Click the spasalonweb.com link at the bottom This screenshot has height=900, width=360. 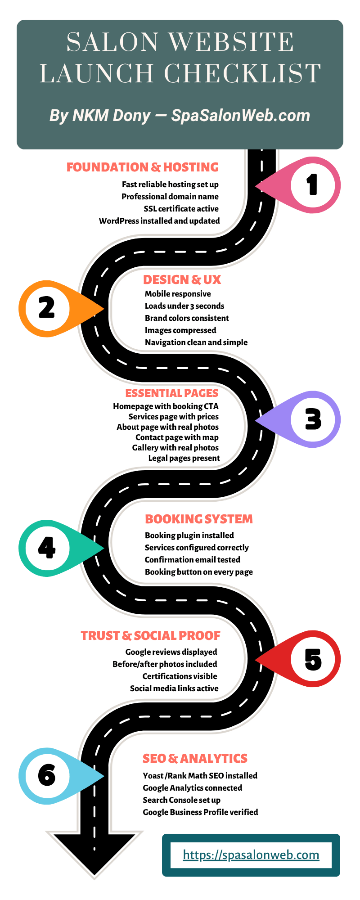pos(251,855)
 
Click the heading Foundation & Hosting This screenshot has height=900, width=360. pos(143,167)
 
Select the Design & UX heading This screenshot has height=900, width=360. pos(182,280)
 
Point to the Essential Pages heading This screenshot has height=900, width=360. pos(172,393)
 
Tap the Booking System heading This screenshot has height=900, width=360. pos(199,519)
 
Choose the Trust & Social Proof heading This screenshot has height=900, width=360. pos(151,636)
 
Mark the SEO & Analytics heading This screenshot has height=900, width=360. pos(195,759)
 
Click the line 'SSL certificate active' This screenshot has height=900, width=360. pos(181,209)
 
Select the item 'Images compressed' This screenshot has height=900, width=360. pos(180,330)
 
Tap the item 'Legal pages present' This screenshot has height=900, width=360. pos(184,458)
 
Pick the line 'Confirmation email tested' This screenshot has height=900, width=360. pos(193,560)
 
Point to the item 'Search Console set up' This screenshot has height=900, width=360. pos(182,800)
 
